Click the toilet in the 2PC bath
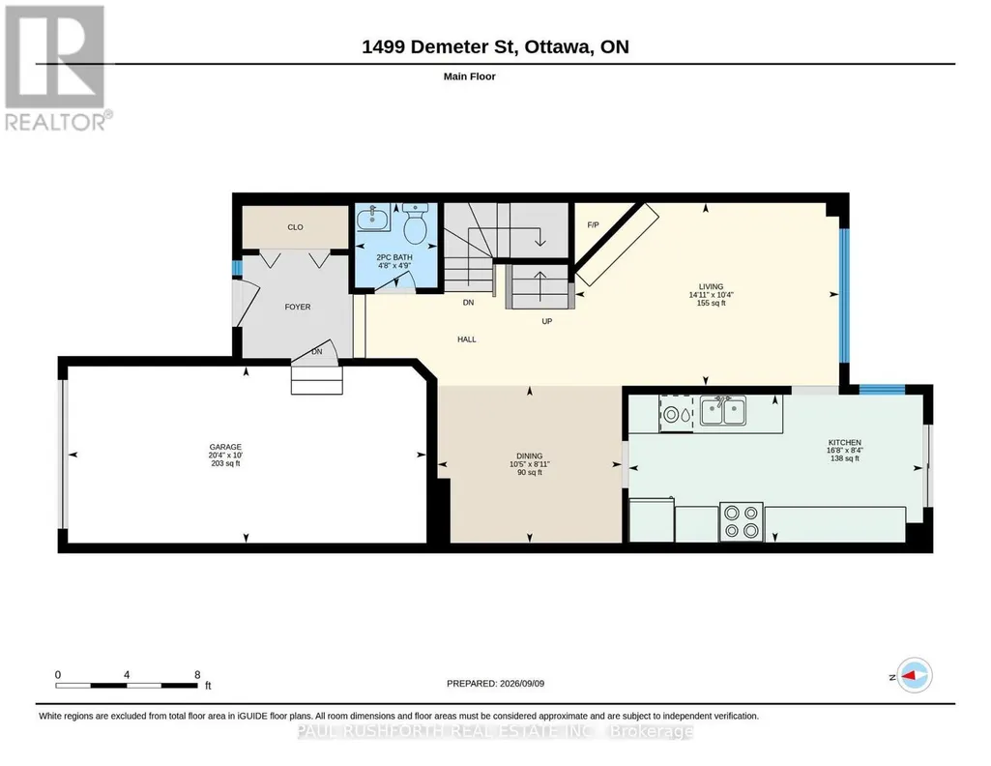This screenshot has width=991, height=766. pyautogui.click(x=415, y=223)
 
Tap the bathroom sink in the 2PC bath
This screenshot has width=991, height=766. pyautogui.click(x=373, y=218)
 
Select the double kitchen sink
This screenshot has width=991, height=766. pyautogui.click(x=722, y=411)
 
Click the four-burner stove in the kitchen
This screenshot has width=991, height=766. pyautogui.click(x=742, y=522)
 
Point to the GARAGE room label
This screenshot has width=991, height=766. pyautogui.click(x=225, y=447)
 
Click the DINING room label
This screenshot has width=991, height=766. pyautogui.click(x=530, y=456)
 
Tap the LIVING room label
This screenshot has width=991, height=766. pyautogui.click(x=711, y=286)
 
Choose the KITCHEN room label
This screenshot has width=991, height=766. pyautogui.click(x=845, y=442)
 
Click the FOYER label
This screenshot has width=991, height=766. pyautogui.click(x=298, y=307)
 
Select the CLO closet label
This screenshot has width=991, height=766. pyautogui.click(x=295, y=227)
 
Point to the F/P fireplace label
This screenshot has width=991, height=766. pyautogui.click(x=593, y=225)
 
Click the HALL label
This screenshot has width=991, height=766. pyautogui.click(x=467, y=339)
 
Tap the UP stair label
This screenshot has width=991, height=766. pyautogui.click(x=546, y=321)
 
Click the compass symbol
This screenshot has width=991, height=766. pyautogui.click(x=915, y=676)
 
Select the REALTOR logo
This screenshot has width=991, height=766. pyautogui.click(x=58, y=68)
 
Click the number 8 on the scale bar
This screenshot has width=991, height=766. pyautogui.click(x=197, y=674)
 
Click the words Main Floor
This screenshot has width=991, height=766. pyautogui.click(x=470, y=76)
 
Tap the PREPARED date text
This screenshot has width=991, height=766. pyautogui.click(x=495, y=683)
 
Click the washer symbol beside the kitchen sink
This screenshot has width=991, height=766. pyautogui.click(x=677, y=414)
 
